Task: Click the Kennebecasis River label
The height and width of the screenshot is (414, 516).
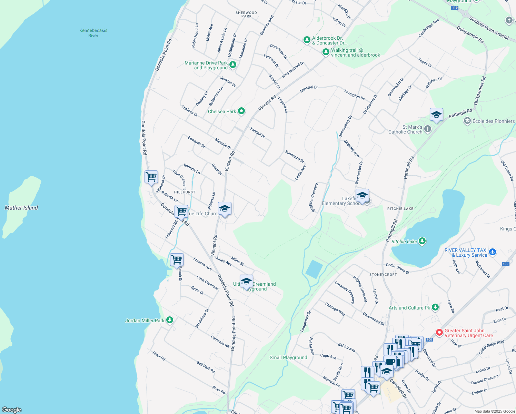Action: coord(93,33)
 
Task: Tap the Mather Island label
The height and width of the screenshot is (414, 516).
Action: coord(21,208)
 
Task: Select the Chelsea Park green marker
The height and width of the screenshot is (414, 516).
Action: coord(241,111)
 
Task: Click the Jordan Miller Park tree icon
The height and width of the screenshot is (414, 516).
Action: coord(169,320)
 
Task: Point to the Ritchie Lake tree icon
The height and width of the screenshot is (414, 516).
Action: coord(422,241)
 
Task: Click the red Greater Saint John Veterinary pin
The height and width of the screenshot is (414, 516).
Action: coord(439,333)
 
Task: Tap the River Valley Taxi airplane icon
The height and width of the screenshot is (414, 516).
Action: coord(493,252)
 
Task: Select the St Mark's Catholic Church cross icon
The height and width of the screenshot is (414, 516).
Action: coord(428,129)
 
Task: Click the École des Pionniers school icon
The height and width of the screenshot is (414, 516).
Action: coord(467,121)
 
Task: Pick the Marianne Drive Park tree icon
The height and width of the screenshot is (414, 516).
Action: coord(233,65)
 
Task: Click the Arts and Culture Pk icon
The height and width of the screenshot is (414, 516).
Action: coord(435,307)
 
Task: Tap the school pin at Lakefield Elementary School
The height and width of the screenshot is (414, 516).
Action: coord(362,196)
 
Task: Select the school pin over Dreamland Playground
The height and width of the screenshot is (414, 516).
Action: coord(246,282)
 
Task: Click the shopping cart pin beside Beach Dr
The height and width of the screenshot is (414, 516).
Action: coord(177,259)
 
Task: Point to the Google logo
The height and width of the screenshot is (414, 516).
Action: coord(12,410)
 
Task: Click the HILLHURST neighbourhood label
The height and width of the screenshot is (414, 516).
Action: coord(185,192)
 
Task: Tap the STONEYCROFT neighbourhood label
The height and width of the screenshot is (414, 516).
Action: coord(383,275)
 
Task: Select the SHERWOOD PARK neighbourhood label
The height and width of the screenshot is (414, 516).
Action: coord(246,14)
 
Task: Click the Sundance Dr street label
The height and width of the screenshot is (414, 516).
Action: coord(295,156)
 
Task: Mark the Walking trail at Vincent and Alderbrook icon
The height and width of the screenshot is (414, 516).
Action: coord(326,52)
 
